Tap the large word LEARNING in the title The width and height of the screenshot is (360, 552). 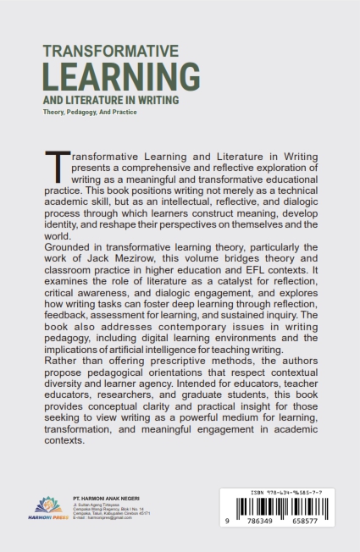121,78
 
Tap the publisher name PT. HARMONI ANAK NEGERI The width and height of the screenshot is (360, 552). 107,496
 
